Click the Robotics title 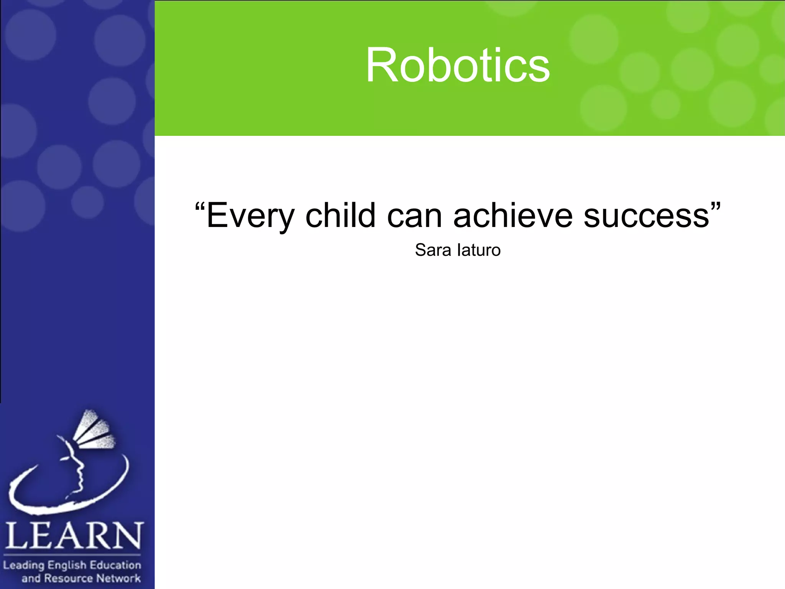[458, 65]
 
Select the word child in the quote [340, 216]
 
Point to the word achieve [512, 216]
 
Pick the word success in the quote [646, 216]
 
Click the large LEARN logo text [74, 536]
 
